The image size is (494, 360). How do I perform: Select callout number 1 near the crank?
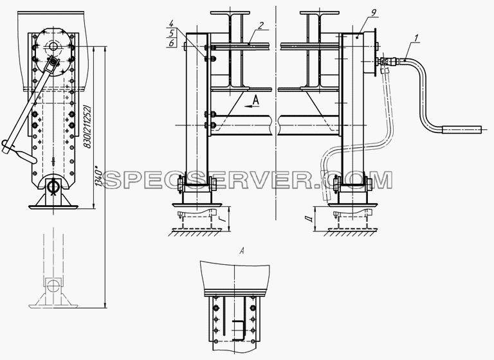tap(416, 39)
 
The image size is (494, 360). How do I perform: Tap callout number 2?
tap(261, 26)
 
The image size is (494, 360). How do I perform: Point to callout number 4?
tap(172, 23)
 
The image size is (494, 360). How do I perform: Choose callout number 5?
tap(172, 33)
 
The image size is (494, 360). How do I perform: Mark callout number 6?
tap(172, 43)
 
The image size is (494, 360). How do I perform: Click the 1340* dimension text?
tap(98, 179)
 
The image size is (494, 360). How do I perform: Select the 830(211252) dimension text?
tap(87, 127)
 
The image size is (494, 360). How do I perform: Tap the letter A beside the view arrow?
tap(255, 100)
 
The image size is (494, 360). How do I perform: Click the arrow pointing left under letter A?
tap(252, 107)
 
